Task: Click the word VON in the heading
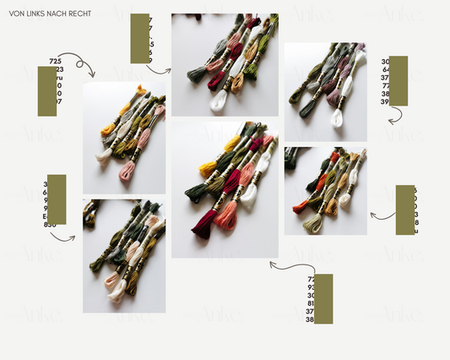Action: pyautogui.click(x=16, y=14)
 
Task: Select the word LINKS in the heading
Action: pyautogui.click(x=34, y=14)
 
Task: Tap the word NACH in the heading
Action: pyautogui.click(x=56, y=14)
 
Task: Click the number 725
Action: pyautogui.click(x=56, y=61)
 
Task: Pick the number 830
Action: pyautogui.click(x=50, y=225)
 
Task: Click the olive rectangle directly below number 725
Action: pyautogui.click(x=47, y=91)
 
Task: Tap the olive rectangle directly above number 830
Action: pyautogui.click(x=57, y=199)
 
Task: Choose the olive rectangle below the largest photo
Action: pyautogui.click(x=323, y=298)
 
